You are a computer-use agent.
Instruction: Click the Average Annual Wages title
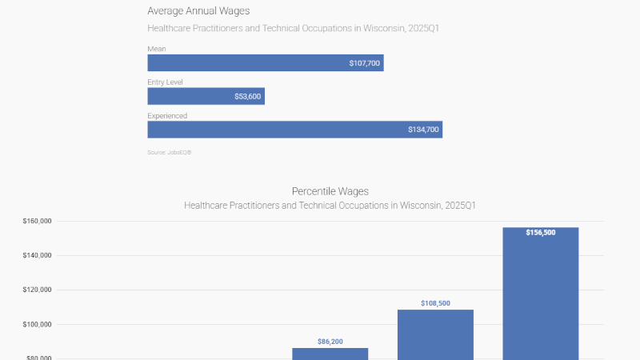point(198,11)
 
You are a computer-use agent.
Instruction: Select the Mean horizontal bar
point(265,63)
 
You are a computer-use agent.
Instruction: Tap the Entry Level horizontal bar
point(206,96)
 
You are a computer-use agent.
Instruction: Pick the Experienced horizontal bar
point(294,130)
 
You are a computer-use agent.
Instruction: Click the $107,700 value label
point(364,63)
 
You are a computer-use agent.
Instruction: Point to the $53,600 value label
point(247,97)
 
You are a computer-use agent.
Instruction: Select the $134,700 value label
point(423,130)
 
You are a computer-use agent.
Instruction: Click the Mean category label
point(156,49)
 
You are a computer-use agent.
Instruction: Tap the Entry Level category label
point(166,82)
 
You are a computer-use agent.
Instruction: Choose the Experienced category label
point(167,116)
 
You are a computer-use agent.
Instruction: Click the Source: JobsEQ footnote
point(170,152)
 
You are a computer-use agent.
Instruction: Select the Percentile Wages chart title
point(330,191)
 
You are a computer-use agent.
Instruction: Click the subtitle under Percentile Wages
point(330,206)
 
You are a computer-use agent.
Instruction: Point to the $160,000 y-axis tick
point(38,222)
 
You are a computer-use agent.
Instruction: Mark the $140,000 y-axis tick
point(38,256)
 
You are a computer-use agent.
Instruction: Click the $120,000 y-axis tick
point(38,290)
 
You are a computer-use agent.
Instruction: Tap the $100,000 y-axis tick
point(38,325)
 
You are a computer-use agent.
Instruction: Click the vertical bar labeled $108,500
point(435,336)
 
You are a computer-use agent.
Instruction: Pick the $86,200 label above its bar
point(330,342)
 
